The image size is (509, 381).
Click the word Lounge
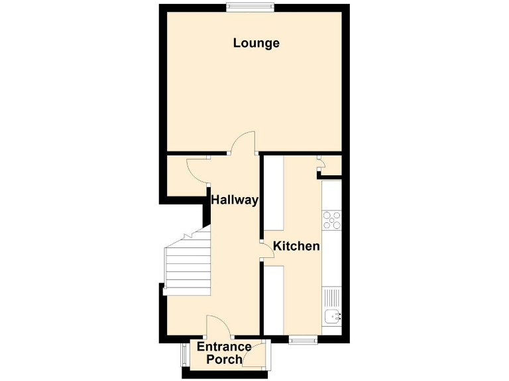click(x=256, y=44)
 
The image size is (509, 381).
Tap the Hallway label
click(x=234, y=200)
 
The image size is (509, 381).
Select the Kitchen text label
click(x=297, y=246)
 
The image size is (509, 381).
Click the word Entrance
click(x=225, y=347)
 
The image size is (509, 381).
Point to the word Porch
click(x=224, y=360)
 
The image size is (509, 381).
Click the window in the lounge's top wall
click(x=249, y=7)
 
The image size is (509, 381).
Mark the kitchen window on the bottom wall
click(x=303, y=340)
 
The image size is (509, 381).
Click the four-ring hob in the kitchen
click(x=331, y=220)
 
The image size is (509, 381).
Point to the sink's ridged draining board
click(x=331, y=297)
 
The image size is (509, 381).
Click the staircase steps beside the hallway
click(x=188, y=265)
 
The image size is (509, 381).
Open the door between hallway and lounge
click(x=244, y=142)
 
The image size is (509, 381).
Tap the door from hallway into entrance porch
click(x=217, y=326)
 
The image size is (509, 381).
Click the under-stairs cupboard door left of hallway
click(x=198, y=171)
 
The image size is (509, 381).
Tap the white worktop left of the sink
click(x=274, y=298)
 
